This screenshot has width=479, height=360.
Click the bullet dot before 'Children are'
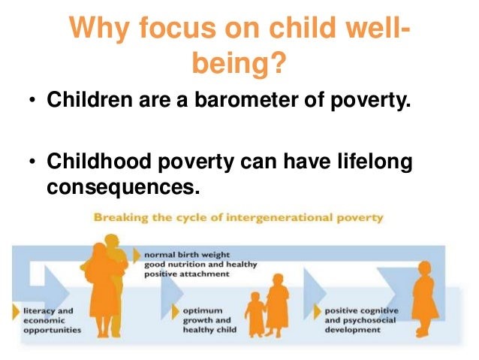tap(32, 100)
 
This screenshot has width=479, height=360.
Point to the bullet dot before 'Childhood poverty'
tap(32, 162)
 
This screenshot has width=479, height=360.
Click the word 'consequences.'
tap(123, 187)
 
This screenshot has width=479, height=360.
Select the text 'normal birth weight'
tap(187, 255)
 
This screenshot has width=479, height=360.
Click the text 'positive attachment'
tap(186, 274)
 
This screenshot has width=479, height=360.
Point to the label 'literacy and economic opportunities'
tap(53, 321)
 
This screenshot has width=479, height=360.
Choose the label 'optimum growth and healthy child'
tap(209, 320)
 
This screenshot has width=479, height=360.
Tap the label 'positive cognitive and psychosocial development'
tap(362, 320)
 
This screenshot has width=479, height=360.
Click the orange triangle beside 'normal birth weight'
tap(137, 256)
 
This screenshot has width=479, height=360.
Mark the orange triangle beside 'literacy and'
tap(16, 311)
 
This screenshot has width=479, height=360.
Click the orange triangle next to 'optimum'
tap(176, 312)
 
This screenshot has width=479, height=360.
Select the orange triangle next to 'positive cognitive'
tap(318, 312)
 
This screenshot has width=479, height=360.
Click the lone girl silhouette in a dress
tap(424, 299)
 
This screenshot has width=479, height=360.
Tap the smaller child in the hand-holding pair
tap(255, 314)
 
